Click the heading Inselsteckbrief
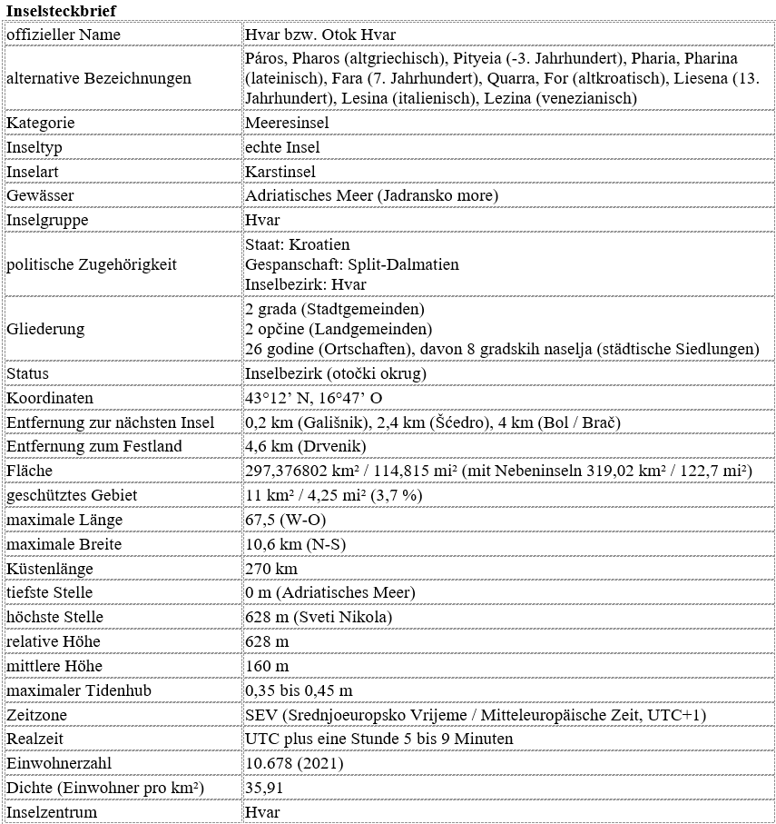coord(61,9)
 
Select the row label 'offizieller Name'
coord(64,35)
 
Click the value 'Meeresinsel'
coord(287,123)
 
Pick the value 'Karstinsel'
coord(280,172)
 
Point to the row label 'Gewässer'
coord(40,195)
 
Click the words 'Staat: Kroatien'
coord(298,245)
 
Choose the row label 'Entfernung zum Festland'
coord(94,446)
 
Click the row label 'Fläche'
coord(30,471)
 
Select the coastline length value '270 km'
coord(271,569)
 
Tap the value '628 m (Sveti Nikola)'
coord(319,617)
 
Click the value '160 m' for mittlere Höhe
coord(267,666)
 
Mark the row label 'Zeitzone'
coord(36,715)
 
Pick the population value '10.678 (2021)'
coord(294,763)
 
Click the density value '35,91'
coord(265,788)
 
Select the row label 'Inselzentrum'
coord(52,812)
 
